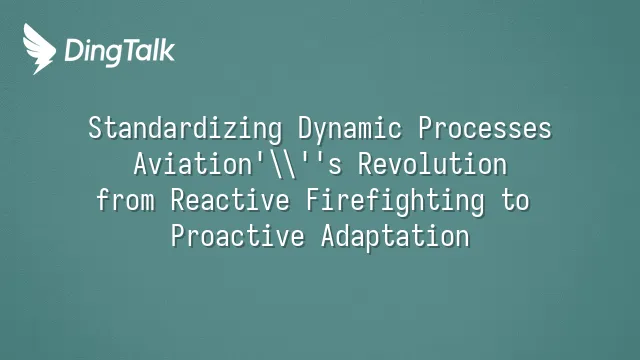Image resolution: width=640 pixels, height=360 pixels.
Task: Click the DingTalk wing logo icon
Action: pyautogui.click(x=39, y=49)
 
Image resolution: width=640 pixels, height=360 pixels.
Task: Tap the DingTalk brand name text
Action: pyautogui.click(x=120, y=52)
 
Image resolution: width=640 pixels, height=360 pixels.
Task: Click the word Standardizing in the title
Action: pyautogui.click(x=185, y=129)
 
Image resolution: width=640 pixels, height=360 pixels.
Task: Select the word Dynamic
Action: pyautogui.click(x=349, y=129)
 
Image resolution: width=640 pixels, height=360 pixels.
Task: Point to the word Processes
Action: pyautogui.click(x=484, y=128)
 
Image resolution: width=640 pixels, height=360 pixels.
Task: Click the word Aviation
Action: pyautogui.click(x=193, y=164)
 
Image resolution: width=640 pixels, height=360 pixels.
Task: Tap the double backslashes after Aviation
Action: pyautogui.click(x=283, y=164)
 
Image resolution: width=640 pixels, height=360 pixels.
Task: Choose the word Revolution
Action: pyautogui.click(x=432, y=164)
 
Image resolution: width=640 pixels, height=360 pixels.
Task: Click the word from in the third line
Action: pyautogui.click(x=126, y=200)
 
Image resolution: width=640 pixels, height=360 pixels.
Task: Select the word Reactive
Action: pyautogui.click(x=230, y=200)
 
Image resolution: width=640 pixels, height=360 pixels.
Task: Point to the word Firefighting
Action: pyautogui.click(x=396, y=201)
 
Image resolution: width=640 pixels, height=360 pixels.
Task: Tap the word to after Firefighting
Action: pyautogui.click(x=516, y=200)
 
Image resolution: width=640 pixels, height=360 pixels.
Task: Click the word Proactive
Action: pyautogui.click(x=238, y=236)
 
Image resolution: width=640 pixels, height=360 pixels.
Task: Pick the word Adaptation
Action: pyautogui.click(x=396, y=237)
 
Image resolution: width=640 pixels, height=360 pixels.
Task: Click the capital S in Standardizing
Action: pyautogui.click(x=95, y=128)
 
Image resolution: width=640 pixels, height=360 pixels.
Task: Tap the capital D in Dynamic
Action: pyautogui.click(x=306, y=128)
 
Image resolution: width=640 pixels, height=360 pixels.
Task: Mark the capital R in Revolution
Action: pyautogui.click(x=365, y=164)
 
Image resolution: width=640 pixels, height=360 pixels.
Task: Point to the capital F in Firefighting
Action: pyautogui.click(x=313, y=200)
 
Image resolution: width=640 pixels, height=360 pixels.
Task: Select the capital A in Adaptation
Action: pyautogui.click(x=329, y=236)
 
